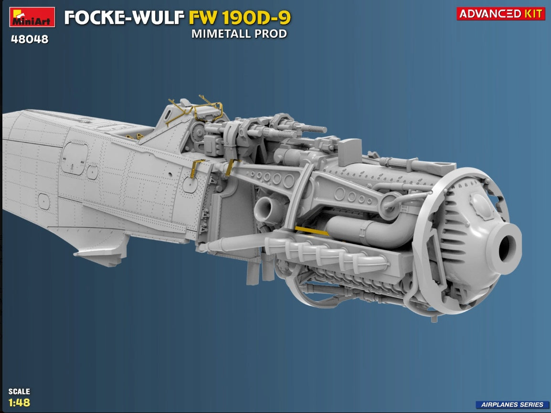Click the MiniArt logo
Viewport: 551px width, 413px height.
click(x=32, y=17)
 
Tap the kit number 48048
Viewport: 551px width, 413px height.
click(x=30, y=39)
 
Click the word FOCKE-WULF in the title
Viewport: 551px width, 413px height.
click(x=125, y=18)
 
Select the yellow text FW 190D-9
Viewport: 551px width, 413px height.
click(x=240, y=18)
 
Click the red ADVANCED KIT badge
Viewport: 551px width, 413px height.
click(x=501, y=14)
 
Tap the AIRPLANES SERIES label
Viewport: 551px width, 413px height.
click(x=512, y=404)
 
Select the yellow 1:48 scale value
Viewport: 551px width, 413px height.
click(x=19, y=402)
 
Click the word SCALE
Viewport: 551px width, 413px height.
click(x=19, y=391)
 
